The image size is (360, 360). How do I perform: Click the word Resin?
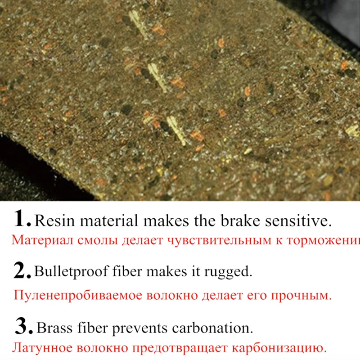click(x=50, y=220)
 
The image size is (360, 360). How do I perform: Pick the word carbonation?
click(x=206, y=327)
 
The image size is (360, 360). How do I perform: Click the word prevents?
click(x=136, y=328)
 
